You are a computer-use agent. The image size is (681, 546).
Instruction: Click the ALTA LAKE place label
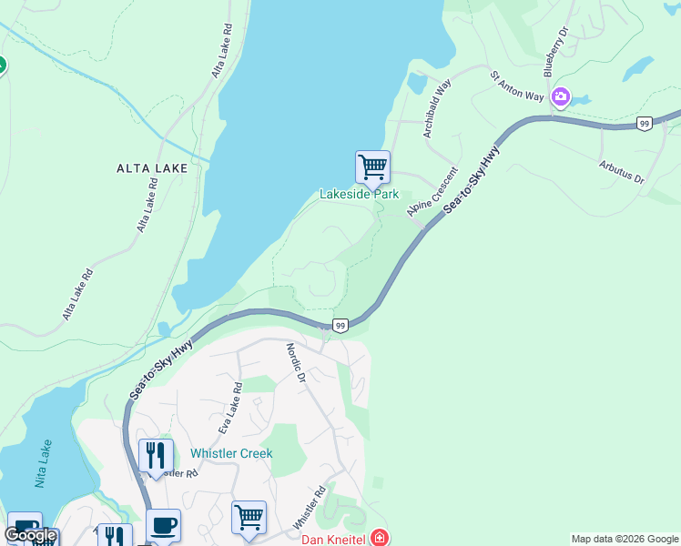pyautogui.click(x=152, y=168)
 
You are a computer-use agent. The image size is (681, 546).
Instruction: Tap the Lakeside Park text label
pyautogui.click(x=359, y=195)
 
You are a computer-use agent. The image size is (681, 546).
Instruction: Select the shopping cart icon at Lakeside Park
pyautogui.click(x=372, y=167)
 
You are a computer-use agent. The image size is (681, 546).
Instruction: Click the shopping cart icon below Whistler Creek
pyautogui.click(x=249, y=517)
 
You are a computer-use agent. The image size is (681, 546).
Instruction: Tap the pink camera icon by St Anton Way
pyautogui.click(x=560, y=96)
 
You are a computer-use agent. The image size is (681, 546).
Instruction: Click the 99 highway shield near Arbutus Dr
pyautogui.click(x=644, y=123)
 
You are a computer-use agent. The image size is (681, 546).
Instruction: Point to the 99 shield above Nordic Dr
pyautogui.click(x=340, y=325)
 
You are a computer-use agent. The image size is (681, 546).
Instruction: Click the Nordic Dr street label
pyautogui.click(x=295, y=361)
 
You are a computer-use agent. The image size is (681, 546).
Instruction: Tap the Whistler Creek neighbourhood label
pyautogui.click(x=231, y=453)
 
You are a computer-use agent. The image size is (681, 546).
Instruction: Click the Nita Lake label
pyautogui.click(x=39, y=468)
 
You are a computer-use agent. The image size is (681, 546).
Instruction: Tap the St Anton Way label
pyautogui.click(x=517, y=86)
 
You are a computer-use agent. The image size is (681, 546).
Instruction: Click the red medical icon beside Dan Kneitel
pyautogui.click(x=379, y=539)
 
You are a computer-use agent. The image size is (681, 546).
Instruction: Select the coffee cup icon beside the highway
pyautogui.click(x=163, y=526)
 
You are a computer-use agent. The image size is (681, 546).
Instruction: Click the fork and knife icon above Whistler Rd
pyautogui.click(x=156, y=455)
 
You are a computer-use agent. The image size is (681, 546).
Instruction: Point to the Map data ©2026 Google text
pyautogui.click(x=625, y=539)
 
